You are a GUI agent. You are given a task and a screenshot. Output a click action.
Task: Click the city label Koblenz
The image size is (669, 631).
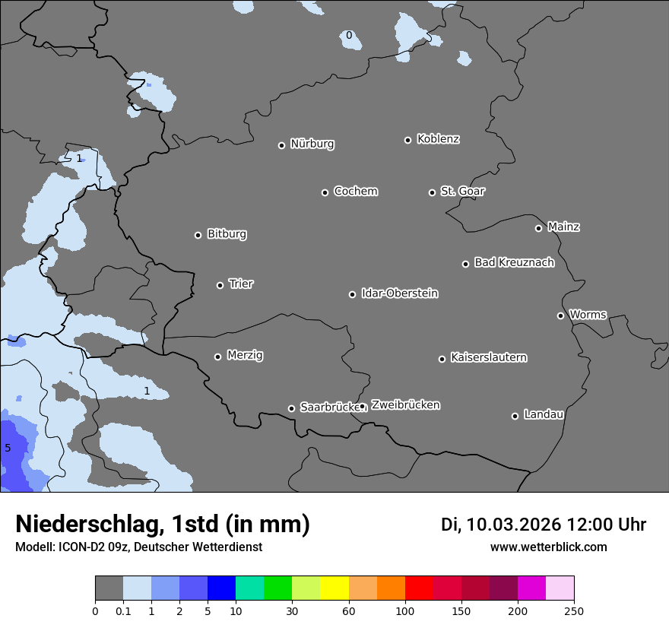(x=438, y=139)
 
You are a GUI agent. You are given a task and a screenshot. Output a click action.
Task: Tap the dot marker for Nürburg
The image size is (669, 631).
(x=281, y=145)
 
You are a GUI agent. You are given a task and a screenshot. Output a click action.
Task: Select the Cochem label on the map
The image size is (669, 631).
(x=355, y=191)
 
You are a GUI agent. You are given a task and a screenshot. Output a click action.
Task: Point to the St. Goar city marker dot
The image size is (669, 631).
(x=432, y=192)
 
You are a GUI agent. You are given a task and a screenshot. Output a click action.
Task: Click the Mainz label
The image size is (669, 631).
(x=563, y=227)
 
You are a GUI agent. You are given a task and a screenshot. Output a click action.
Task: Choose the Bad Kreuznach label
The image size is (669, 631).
(x=514, y=262)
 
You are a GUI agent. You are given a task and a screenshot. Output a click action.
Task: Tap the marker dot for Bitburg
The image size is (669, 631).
(x=198, y=235)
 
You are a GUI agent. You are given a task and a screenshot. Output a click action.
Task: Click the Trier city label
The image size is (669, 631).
(x=241, y=284)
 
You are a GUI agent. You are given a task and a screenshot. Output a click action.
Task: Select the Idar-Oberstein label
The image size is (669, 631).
(x=399, y=293)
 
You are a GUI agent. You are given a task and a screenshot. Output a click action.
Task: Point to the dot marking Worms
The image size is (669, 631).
(x=560, y=315)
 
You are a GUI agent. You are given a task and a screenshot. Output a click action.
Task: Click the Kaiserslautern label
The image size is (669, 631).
(x=488, y=357)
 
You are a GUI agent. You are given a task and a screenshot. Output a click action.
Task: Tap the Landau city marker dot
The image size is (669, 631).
(x=515, y=416)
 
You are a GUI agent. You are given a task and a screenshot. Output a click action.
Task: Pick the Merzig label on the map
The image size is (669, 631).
(x=245, y=355)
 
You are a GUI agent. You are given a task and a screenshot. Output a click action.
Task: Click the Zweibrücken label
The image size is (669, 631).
(x=405, y=405)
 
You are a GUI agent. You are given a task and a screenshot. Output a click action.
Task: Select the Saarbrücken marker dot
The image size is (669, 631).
(x=291, y=408)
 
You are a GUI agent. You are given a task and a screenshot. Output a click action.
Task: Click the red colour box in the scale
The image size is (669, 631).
(x=419, y=588)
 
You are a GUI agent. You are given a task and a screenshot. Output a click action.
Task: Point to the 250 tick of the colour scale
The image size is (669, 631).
(x=573, y=610)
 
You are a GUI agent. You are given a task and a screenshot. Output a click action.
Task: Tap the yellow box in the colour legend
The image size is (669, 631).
(x=334, y=588)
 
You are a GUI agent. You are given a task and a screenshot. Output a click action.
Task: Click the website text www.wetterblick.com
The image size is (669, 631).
(x=548, y=547)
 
